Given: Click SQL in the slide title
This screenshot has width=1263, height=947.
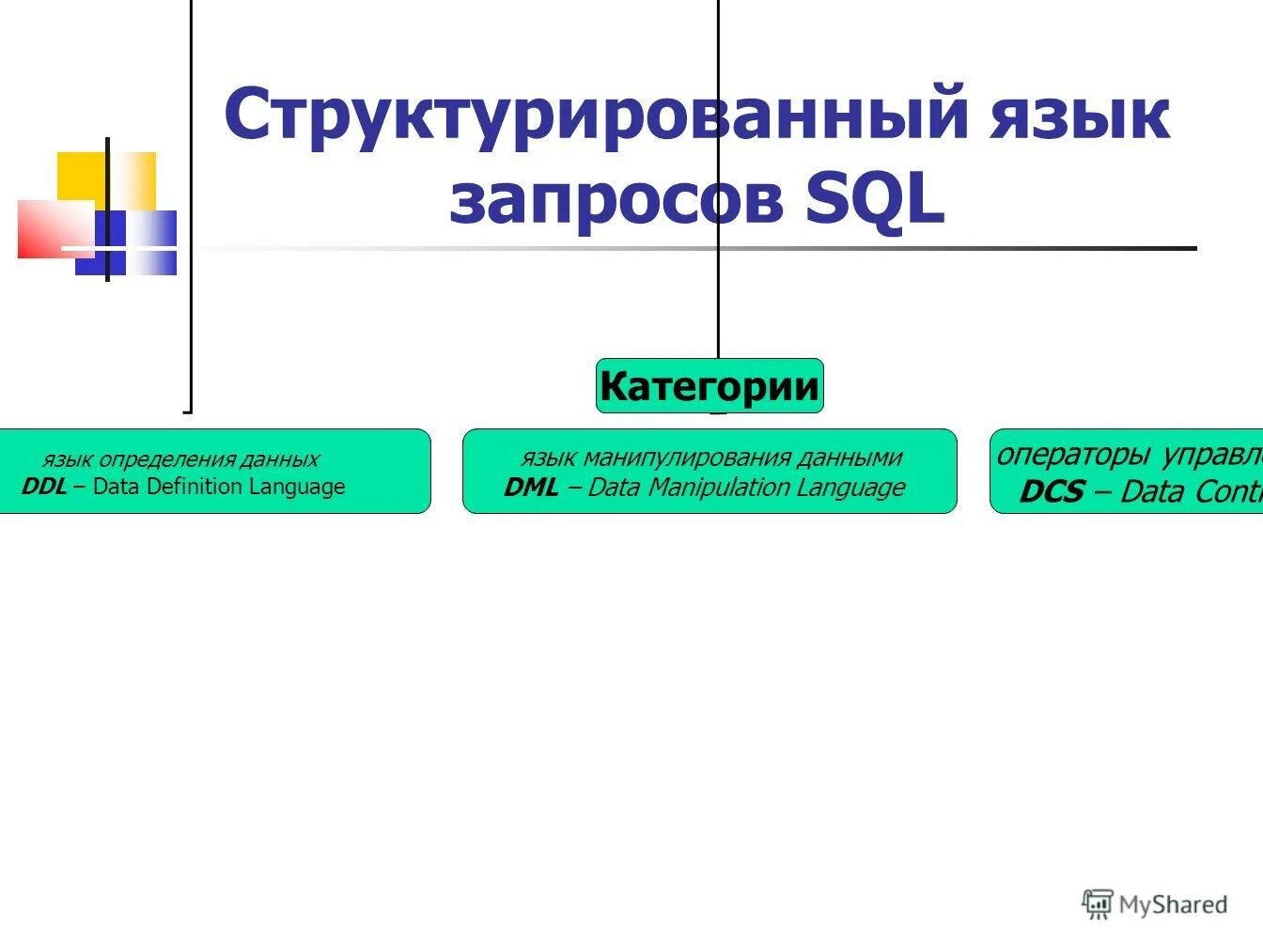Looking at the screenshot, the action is coord(875,199).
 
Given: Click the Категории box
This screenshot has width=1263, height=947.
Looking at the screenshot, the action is coord(709,386).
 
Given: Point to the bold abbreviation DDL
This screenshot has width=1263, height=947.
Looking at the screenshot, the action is coord(44,487).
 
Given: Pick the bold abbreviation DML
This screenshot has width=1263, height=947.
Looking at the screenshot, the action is coord(531,488).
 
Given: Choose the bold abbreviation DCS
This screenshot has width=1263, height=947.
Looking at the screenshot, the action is coord(1052,491).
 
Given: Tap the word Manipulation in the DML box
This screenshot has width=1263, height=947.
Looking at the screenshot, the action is coord(718,488).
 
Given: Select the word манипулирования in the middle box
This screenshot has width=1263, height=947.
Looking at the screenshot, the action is coord(687,458).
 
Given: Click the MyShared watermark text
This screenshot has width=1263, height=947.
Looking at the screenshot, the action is coord(1173,905).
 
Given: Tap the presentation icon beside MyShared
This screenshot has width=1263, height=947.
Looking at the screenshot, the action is coord(1098,904).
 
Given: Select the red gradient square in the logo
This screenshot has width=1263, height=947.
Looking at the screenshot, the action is coord(53,228).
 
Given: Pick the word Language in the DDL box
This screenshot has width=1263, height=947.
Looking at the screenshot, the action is coord(298,487).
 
